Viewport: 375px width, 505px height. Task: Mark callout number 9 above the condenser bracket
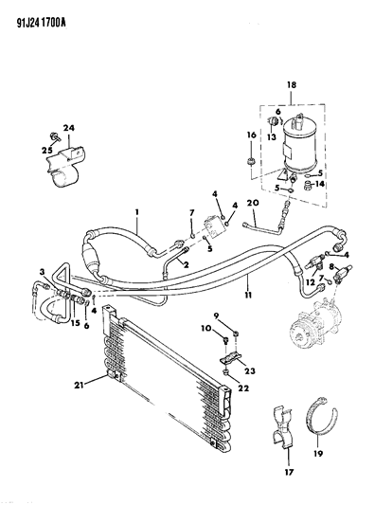point(217,315)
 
